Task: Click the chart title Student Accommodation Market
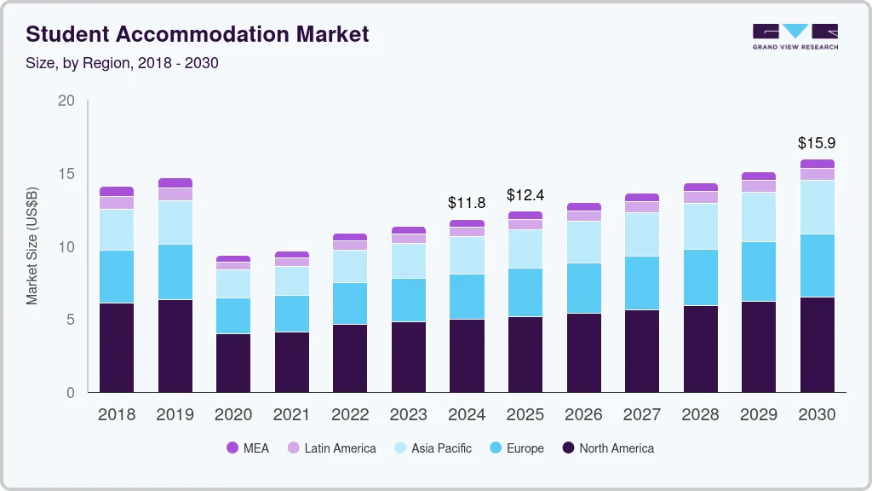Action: click(x=198, y=35)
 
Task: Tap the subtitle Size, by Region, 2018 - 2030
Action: click(x=122, y=63)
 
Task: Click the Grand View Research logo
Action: click(x=795, y=37)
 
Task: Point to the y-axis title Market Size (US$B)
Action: click(x=32, y=247)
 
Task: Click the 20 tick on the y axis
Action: click(x=66, y=101)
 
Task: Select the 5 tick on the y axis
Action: click(x=70, y=320)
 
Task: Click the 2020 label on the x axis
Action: click(x=233, y=415)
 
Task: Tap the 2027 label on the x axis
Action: click(x=641, y=415)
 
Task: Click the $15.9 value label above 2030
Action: click(x=817, y=143)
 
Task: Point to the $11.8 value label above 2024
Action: click(x=467, y=203)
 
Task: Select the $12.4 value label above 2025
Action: click(x=525, y=195)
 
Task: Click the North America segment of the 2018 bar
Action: click(x=117, y=348)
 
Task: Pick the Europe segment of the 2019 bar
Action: click(x=175, y=272)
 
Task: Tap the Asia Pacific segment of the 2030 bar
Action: click(x=817, y=207)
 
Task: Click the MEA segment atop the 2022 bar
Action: click(x=350, y=237)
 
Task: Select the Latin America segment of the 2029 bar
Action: click(x=759, y=186)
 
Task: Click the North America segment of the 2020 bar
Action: click(x=233, y=363)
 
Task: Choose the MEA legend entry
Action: click(x=248, y=448)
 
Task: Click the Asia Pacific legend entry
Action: click(x=432, y=448)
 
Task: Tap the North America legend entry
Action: click(x=608, y=448)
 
